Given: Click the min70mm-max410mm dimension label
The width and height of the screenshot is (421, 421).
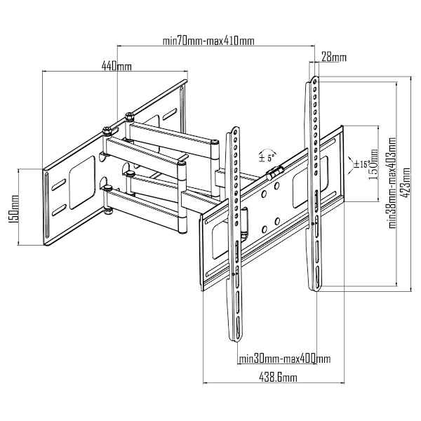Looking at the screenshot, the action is tap(208, 41).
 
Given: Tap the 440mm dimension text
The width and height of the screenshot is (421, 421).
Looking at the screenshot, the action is tap(116, 65).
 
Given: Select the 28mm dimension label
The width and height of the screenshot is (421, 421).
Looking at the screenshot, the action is tap(334, 58).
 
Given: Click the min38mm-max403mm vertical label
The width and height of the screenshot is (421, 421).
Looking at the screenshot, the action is tap(392, 183).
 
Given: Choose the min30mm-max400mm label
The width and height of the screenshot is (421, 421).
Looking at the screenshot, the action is tap(285, 359).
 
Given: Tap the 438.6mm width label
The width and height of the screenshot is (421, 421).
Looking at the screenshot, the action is tap(278, 377).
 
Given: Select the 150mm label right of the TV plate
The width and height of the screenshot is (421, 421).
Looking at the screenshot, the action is tap(374, 164).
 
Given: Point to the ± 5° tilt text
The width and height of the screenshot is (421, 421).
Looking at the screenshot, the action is tap(267, 158).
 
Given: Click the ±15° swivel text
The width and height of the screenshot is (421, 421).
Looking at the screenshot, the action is tap(363, 163).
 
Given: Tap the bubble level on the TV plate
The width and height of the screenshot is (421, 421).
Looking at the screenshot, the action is tap(274, 172).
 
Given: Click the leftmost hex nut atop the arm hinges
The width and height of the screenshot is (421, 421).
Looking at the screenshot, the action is tap(107, 131).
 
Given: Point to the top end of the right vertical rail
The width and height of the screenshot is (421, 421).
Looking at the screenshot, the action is tap(315, 78).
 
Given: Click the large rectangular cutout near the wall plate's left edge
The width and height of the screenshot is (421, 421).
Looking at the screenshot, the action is tap(82, 182).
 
